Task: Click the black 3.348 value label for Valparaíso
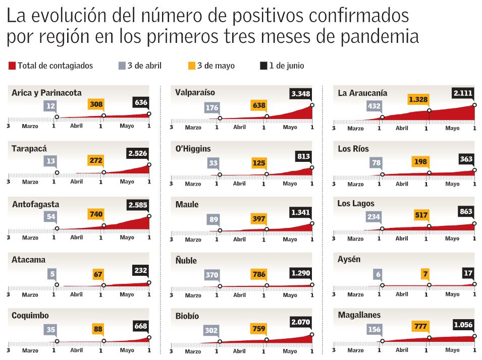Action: (x=300, y=94)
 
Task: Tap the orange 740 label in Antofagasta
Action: (x=96, y=214)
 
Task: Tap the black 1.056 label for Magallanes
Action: (x=463, y=325)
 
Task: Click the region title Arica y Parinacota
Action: (x=46, y=93)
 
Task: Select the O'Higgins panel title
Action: (x=193, y=149)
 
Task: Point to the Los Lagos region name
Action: (x=356, y=204)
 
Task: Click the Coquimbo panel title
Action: (x=30, y=315)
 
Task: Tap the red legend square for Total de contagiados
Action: (x=12, y=66)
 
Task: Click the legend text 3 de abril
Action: (x=144, y=66)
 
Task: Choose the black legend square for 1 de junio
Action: (x=263, y=66)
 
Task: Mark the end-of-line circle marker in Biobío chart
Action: (x=312, y=334)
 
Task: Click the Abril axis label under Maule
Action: (x=239, y=239)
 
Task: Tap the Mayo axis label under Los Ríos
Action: (x=452, y=184)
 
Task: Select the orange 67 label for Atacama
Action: (x=98, y=275)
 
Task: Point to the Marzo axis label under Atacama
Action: (x=30, y=295)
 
